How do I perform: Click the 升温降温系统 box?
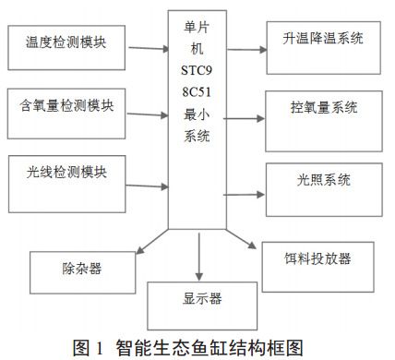pyautogui.click(x=323, y=40)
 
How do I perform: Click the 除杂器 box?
pyautogui.click(x=84, y=270)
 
